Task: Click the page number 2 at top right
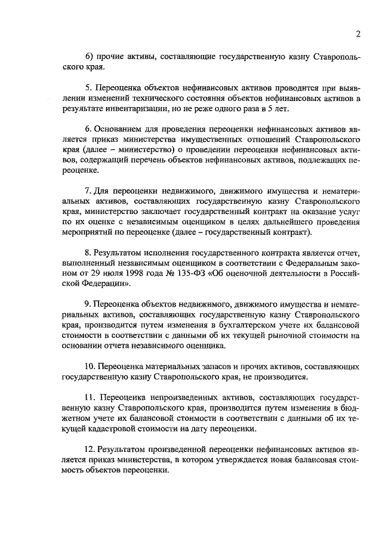[358, 34]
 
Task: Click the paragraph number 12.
[89, 448]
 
